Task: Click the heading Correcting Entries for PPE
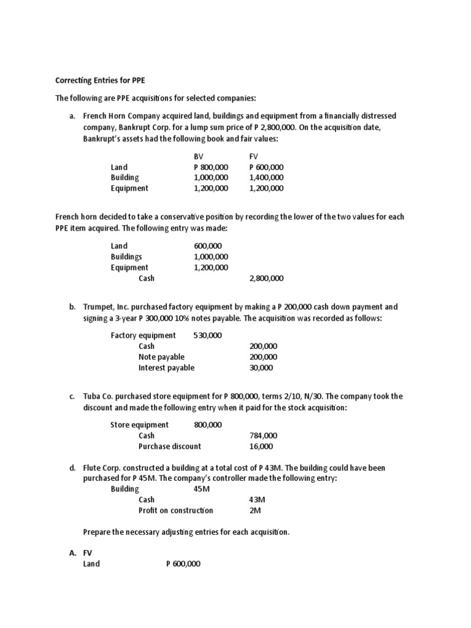coord(101,80)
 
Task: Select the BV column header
coord(197,156)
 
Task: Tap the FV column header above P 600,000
coord(254,156)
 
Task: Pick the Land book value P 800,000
coord(210,167)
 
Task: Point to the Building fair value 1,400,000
coord(266,178)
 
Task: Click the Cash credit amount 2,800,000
coord(266,278)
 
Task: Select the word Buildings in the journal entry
coord(126,257)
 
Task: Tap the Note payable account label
coord(161,357)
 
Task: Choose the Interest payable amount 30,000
coord(261,368)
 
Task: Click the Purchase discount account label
coord(169,446)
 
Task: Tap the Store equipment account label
coord(139,424)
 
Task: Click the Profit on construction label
coord(175,510)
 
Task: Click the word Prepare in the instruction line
coord(98,532)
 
